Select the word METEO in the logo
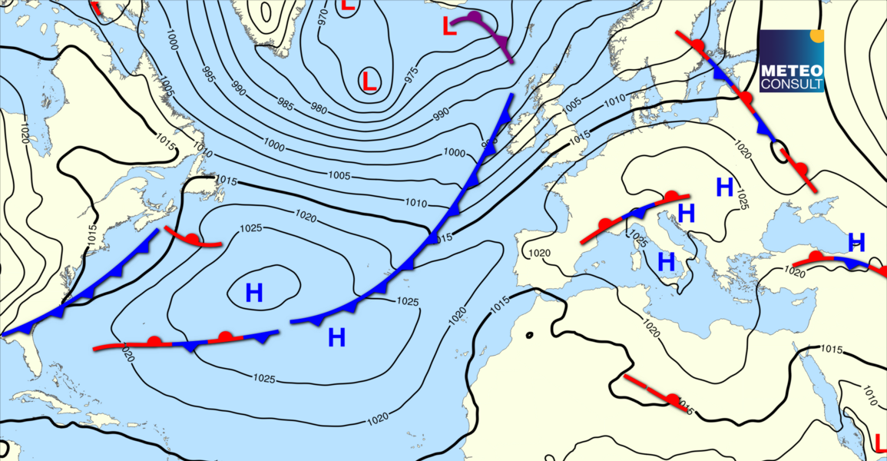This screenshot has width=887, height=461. pyautogui.click(x=791, y=70)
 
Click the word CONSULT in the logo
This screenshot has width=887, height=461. pyautogui.click(x=791, y=83)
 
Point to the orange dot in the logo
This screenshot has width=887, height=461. pyautogui.click(x=817, y=35)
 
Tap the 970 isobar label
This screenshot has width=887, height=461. pyautogui.click(x=323, y=18)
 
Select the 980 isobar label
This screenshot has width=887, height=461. pyautogui.click(x=319, y=108)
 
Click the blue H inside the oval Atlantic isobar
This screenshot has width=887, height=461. pyautogui.click(x=254, y=292)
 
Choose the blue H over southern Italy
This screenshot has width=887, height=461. pyautogui.click(x=667, y=261)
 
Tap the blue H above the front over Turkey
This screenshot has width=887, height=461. pyautogui.click(x=856, y=242)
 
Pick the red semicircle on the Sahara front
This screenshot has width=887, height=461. pyautogui.click(x=674, y=400)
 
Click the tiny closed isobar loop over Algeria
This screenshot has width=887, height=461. pyautogui.click(x=529, y=335)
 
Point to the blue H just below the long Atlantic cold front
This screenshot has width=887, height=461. pyautogui.click(x=336, y=337)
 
